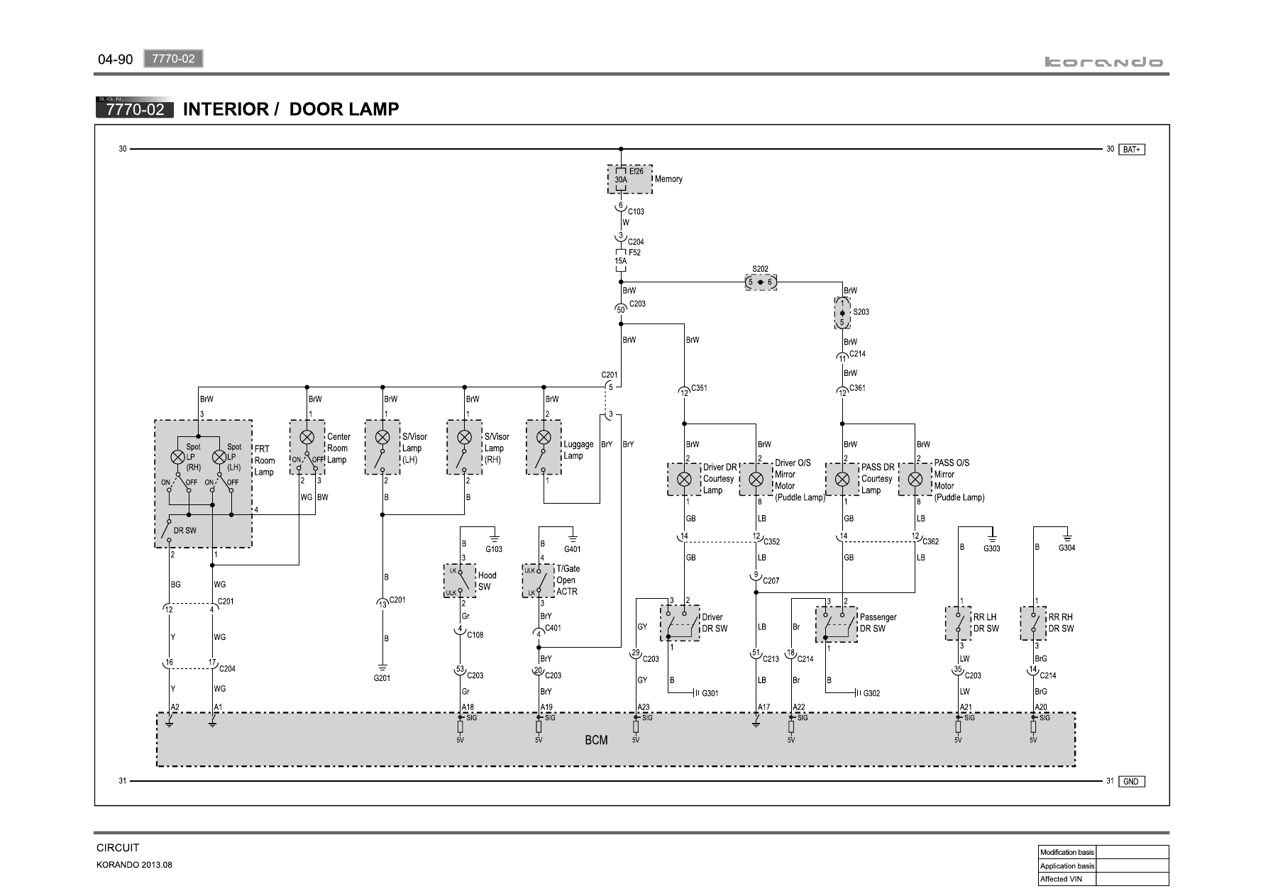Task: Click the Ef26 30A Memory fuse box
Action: point(629,179)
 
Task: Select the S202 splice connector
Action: point(761,282)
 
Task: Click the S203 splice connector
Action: point(842,312)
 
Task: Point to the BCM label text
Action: point(596,740)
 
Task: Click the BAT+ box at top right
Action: point(1132,150)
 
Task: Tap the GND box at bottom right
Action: point(1132,781)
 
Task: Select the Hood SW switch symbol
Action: point(460,581)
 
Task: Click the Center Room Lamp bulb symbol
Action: point(307,437)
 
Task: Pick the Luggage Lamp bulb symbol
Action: point(544,437)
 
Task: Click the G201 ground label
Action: point(382,678)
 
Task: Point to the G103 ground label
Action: point(494,549)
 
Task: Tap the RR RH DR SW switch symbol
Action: point(1033,624)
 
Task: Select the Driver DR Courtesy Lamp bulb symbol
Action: point(684,479)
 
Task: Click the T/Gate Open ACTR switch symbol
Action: point(538,581)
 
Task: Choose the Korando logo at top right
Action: point(1104,62)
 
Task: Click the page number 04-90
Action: point(115,60)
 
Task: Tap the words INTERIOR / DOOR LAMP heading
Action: point(291,109)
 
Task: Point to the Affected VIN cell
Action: point(1067,879)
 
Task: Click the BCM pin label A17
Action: point(763,707)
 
